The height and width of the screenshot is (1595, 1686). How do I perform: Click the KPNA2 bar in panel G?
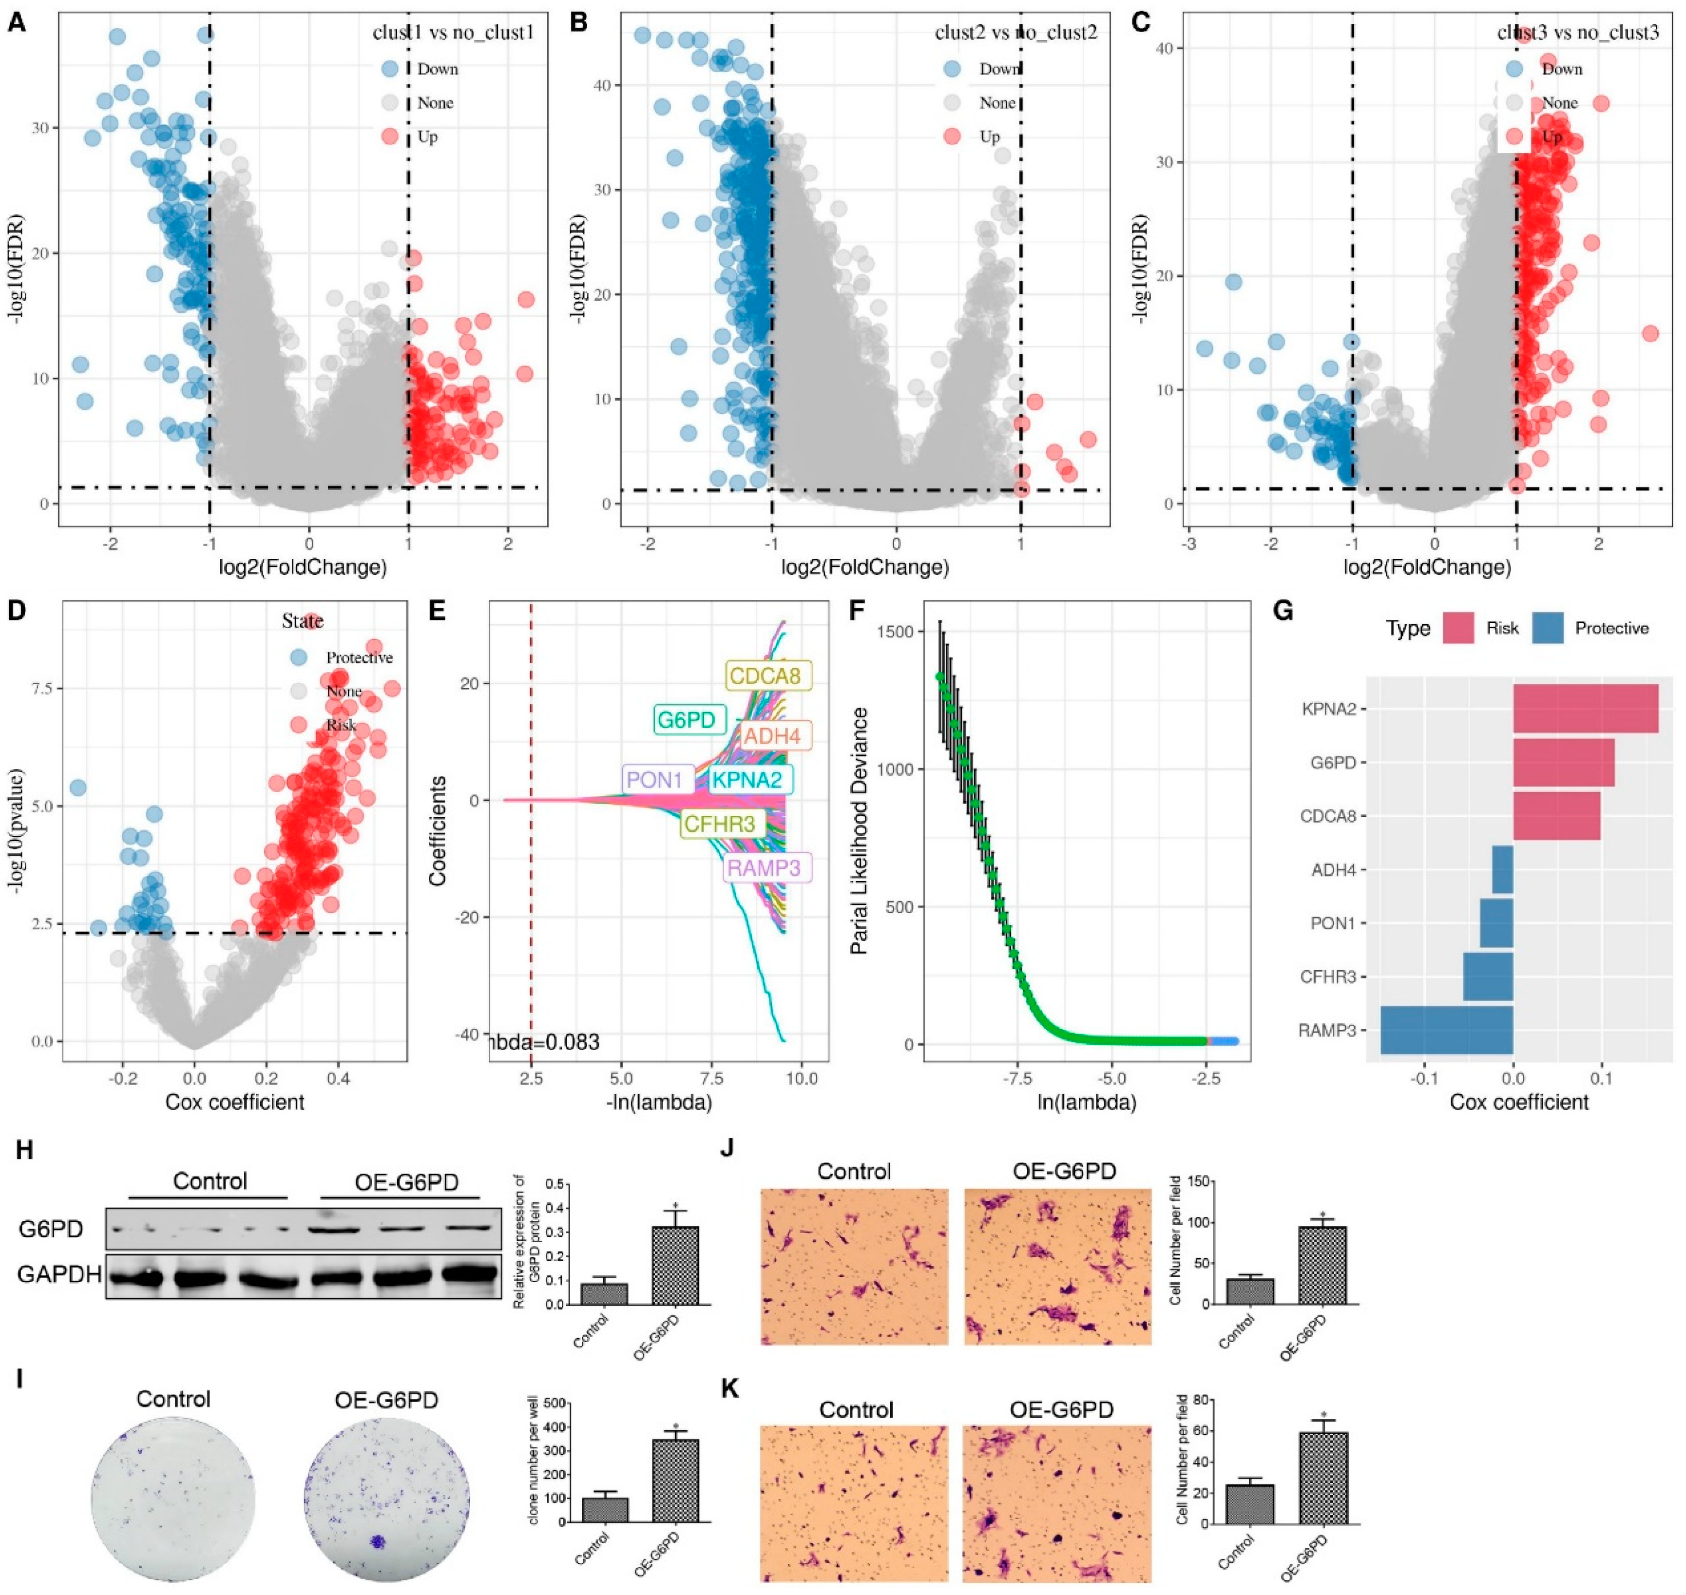click(1585, 708)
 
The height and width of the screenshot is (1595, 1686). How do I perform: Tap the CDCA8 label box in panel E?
click(768, 677)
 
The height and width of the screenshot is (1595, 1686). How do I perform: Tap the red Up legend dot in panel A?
click(389, 136)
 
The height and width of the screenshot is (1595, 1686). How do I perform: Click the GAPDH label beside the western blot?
click(58, 1274)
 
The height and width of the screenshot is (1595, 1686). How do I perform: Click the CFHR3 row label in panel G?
click(1328, 977)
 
